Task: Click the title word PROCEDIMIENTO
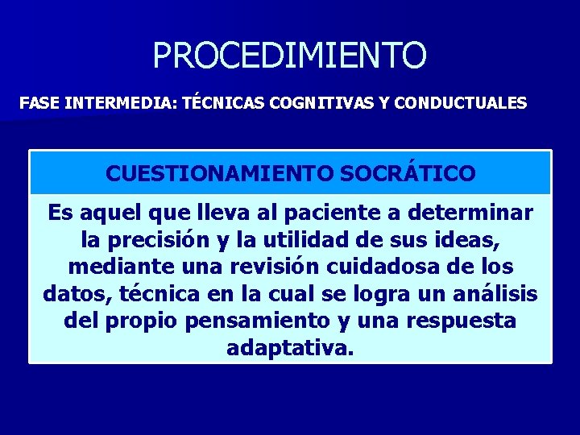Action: click(x=289, y=56)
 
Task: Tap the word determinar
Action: click(x=470, y=213)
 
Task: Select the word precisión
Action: click(x=159, y=240)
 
